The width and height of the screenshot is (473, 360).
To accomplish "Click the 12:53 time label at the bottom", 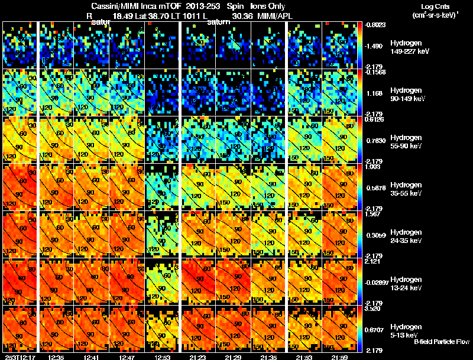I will click(x=162, y=356).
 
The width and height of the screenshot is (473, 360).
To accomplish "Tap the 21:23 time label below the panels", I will click(x=198, y=356).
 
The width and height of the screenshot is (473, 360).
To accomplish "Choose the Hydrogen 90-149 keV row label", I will click(x=407, y=94).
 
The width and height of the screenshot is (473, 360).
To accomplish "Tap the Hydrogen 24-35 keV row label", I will click(x=407, y=236).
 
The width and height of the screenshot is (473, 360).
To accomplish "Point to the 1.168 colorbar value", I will click(x=374, y=93).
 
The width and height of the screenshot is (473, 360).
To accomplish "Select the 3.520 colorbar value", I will click(x=374, y=308).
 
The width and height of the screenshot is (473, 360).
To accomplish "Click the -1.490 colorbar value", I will click(x=374, y=46).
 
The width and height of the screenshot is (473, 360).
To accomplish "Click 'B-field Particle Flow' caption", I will click(x=441, y=342).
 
